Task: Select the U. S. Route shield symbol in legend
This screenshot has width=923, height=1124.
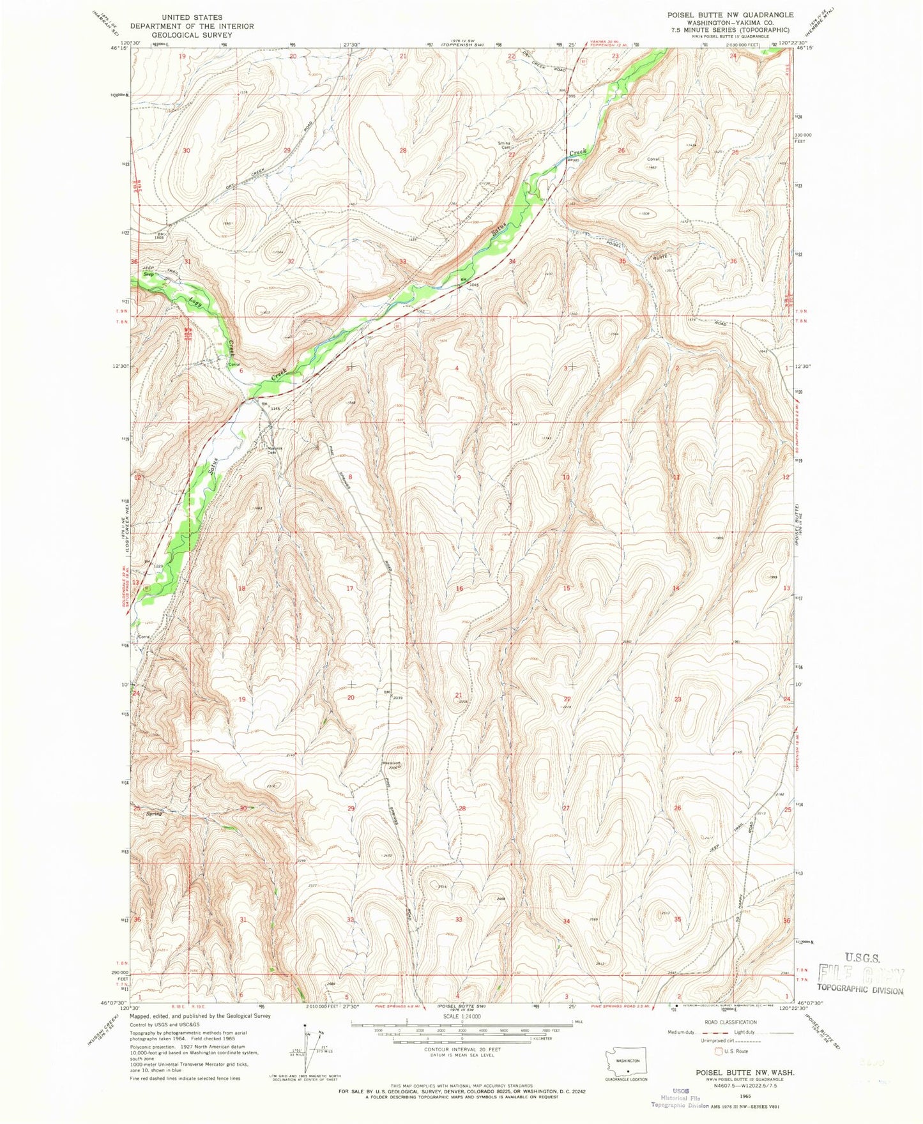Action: point(719,1051)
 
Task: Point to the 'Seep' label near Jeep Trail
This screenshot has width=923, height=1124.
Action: point(148,274)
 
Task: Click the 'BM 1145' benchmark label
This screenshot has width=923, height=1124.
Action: point(270,406)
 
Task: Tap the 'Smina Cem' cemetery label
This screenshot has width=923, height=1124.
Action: point(506,144)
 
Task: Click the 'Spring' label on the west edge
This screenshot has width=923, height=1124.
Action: point(153,814)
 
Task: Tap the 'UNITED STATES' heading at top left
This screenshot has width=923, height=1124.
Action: point(192,17)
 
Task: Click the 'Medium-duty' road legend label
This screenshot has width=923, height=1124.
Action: point(699,1033)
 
